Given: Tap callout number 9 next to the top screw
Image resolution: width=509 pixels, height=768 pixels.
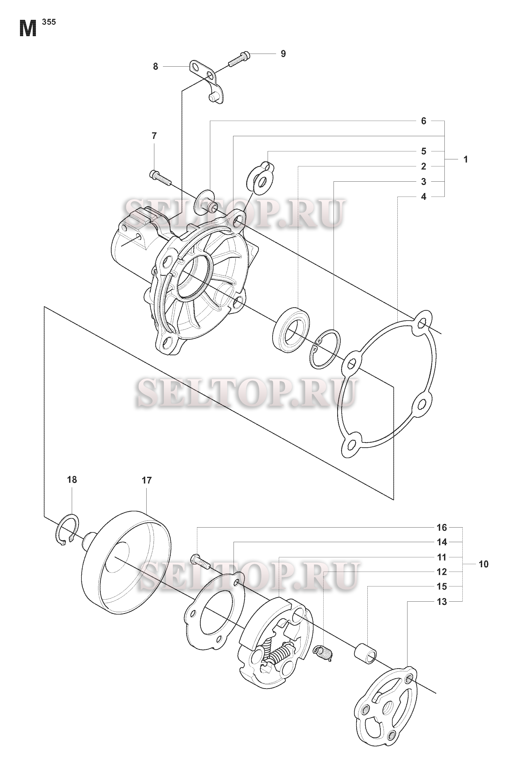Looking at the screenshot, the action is tap(283, 54).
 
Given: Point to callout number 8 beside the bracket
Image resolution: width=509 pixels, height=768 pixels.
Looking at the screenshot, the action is tap(155, 67).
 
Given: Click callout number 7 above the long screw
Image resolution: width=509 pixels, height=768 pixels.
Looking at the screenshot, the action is tap(154, 136).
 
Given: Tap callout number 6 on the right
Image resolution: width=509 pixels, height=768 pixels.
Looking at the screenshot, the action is tap(424, 121).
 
